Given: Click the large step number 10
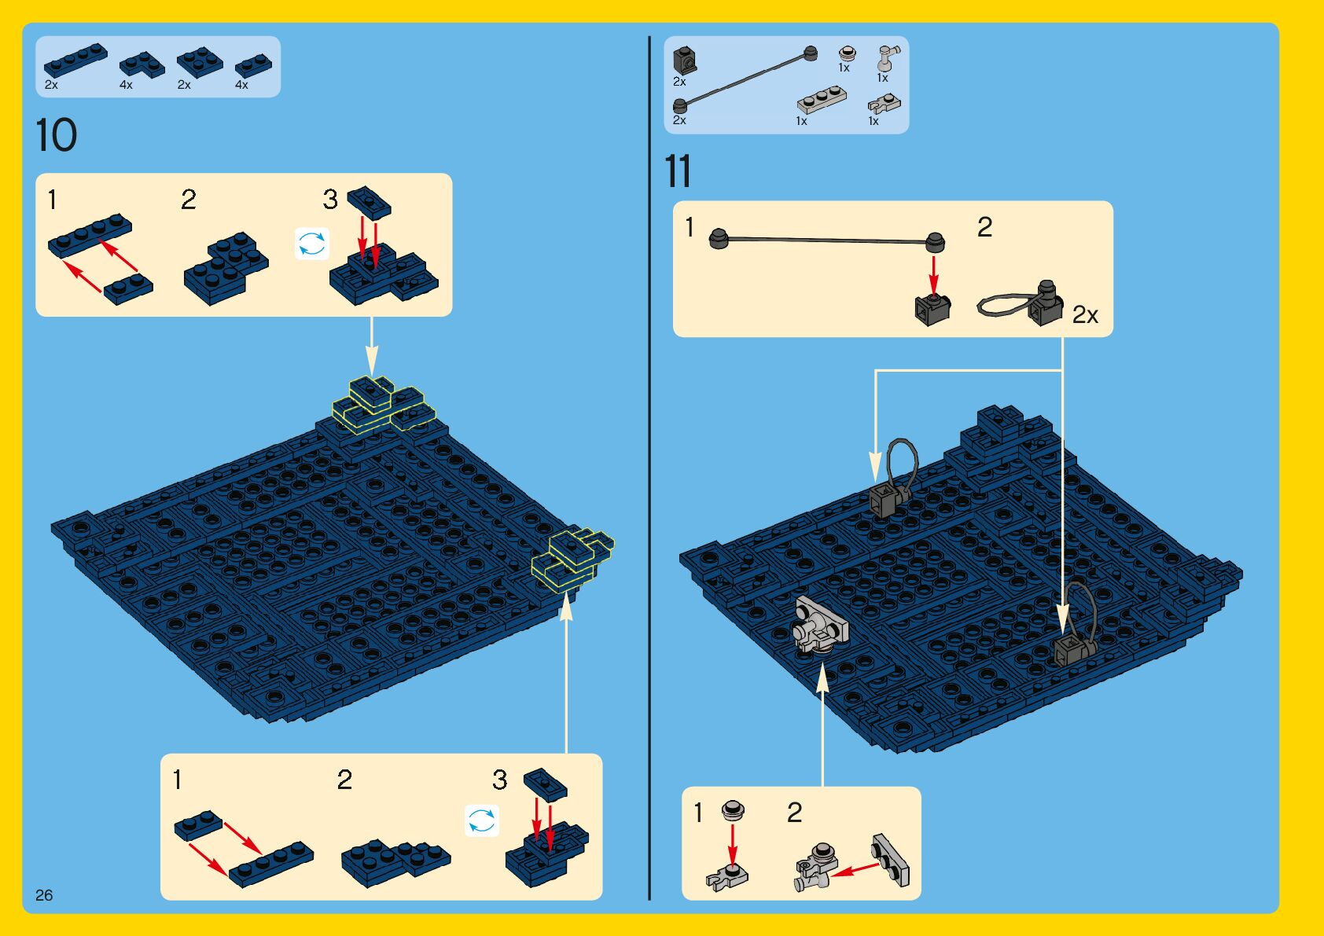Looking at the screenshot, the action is point(56,134).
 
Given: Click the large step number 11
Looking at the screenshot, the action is point(678,171).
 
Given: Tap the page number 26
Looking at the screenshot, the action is point(44,895).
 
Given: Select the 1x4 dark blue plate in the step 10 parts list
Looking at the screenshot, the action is point(75,60).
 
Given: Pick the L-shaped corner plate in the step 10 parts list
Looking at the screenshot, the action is point(142,65).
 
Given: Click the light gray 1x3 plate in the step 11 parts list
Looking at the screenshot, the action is point(822,100).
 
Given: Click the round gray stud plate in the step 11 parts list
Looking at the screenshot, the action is point(847,53).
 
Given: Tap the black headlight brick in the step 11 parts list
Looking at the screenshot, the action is point(685,61).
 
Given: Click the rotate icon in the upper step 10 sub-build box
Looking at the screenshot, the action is point(311,244).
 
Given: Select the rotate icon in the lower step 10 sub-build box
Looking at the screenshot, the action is point(481,820).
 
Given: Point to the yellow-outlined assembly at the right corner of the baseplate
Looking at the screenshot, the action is point(572,559).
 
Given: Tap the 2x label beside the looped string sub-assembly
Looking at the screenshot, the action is point(1085,315).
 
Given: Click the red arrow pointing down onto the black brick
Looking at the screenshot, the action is point(934,275).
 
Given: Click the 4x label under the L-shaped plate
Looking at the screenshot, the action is point(126,85).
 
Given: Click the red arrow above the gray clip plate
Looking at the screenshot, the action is point(733,845).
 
